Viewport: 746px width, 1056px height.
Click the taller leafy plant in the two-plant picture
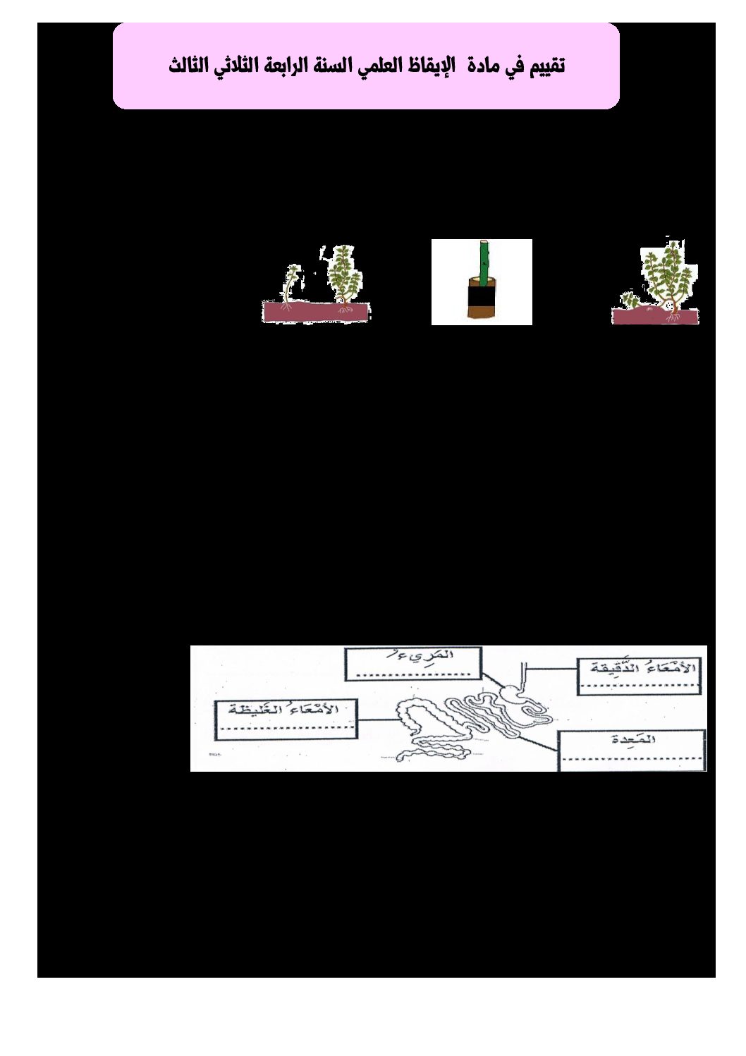click(346, 275)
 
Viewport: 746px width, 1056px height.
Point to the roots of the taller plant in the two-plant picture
click(346, 308)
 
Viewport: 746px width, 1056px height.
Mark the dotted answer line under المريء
click(412, 674)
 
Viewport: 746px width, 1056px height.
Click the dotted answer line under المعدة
click(632, 758)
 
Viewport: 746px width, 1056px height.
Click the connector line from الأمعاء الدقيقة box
click(551, 668)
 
